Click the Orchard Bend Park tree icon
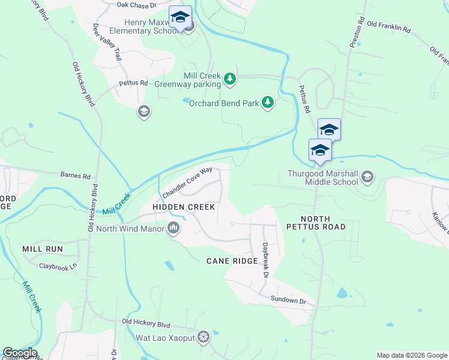pyautogui.click(x=268, y=103)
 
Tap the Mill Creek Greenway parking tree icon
pyautogui.click(x=229, y=79)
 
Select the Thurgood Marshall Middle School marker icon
pyautogui.click(x=367, y=177)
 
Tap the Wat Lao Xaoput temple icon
pyautogui.click(x=204, y=337)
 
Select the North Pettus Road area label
pyautogui.click(x=315, y=222)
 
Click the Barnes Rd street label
pyautogui.click(x=75, y=176)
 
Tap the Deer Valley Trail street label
pyautogui.click(x=107, y=42)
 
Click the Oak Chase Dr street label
pyautogui.click(x=136, y=5)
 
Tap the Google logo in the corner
pyautogui.click(x=19, y=353)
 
